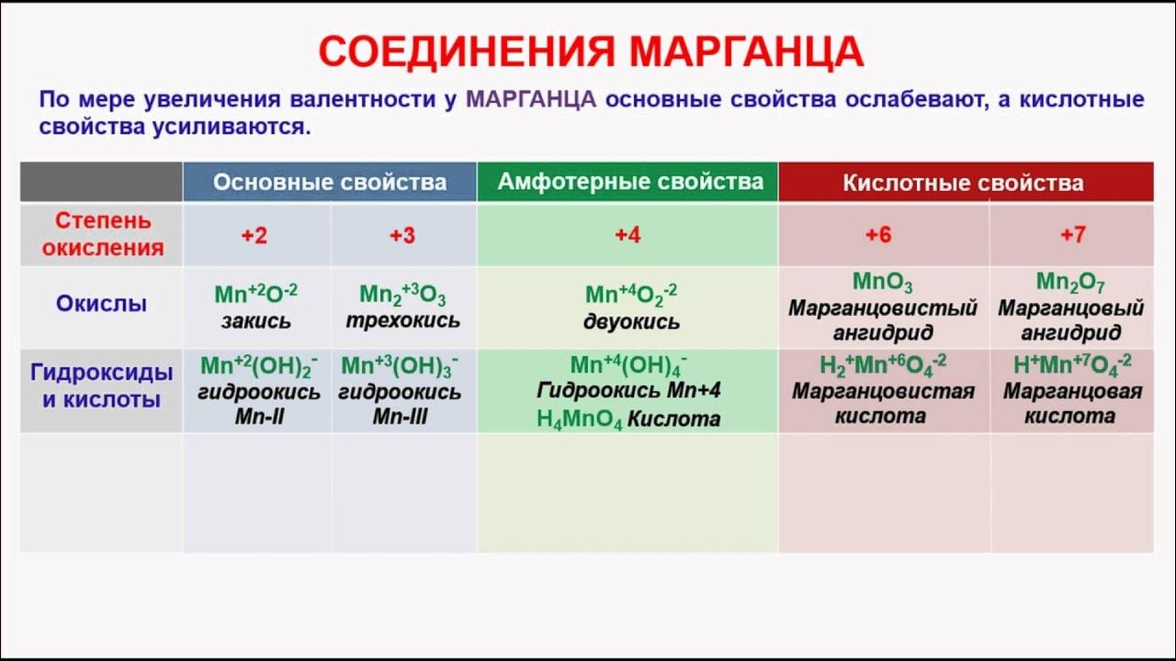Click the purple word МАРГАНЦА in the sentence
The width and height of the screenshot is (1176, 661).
tap(531, 100)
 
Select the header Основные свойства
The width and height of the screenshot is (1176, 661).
tap(330, 182)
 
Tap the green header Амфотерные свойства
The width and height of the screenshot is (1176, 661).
tap(630, 182)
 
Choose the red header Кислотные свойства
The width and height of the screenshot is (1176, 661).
tap(963, 183)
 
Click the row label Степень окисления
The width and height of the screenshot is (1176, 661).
tap(103, 234)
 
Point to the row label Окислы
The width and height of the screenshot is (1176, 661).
tap(101, 304)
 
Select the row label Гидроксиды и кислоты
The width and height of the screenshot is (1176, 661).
tap(101, 387)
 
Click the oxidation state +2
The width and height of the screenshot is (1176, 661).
tap(254, 236)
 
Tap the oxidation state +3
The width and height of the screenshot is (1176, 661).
tap(402, 236)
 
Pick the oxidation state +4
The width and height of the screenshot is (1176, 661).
tap(628, 236)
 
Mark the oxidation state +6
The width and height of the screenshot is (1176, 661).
tap(878, 235)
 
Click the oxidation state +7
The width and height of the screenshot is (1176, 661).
tap(1072, 235)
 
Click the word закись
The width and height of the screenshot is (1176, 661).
tap(255, 321)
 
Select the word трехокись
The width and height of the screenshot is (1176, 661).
tap(402, 321)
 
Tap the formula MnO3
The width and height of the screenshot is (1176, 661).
tap(882, 283)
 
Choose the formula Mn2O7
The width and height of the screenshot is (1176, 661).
tap(1070, 282)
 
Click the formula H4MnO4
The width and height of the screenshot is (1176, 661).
tap(579, 420)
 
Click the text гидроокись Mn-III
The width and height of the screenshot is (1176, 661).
tap(401, 404)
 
